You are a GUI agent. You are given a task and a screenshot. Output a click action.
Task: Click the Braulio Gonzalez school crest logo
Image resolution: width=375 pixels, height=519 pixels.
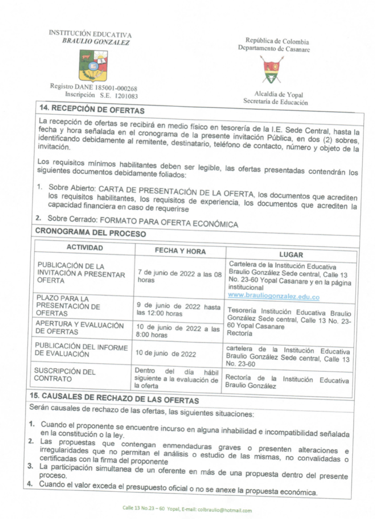(93, 66)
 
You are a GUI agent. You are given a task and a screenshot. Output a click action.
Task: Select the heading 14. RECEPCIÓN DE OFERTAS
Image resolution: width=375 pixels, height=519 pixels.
(92, 109)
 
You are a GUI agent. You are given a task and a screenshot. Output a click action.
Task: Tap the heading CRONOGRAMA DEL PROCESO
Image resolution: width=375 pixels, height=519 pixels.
(90, 233)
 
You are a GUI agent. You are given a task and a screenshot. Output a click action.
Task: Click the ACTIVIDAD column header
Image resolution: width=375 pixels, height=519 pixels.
(85, 247)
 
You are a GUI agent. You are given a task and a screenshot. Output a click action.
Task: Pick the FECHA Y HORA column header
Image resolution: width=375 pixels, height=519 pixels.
(180, 251)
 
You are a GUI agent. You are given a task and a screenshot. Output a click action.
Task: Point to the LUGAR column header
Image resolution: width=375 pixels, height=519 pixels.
(291, 255)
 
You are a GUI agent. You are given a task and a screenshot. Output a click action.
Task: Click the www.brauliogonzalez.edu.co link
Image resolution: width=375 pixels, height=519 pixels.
(274, 297)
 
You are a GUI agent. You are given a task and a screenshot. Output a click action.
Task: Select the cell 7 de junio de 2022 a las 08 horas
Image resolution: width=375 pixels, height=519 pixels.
(179, 277)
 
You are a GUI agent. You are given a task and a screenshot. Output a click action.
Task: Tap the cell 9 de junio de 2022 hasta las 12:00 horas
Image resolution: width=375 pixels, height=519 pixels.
(178, 310)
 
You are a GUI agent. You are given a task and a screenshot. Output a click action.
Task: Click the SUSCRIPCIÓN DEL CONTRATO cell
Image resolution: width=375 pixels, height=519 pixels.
(65, 375)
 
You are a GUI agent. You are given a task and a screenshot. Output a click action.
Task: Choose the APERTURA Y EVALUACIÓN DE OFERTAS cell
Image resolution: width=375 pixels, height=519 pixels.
(79, 328)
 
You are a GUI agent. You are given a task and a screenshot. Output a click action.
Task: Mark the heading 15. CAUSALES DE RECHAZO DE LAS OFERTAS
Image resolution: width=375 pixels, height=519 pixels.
(114, 398)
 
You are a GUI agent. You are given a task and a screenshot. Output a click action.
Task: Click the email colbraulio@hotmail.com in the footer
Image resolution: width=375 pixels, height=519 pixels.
(224, 510)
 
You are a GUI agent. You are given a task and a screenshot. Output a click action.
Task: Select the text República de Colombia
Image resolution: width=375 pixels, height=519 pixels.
(277, 41)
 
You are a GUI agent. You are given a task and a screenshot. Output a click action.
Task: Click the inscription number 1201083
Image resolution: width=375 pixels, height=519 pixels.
(126, 96)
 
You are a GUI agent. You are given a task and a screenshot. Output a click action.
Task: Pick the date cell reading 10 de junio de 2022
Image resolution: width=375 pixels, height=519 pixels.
(166, 354)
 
